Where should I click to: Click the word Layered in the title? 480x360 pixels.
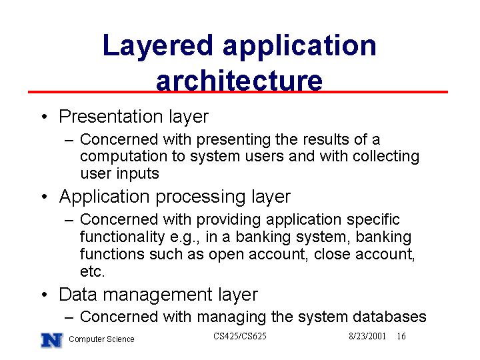(158, 47)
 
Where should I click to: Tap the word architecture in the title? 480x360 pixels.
(239, 81)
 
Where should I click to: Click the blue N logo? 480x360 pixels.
(52, 340)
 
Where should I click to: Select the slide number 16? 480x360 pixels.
(401, 336)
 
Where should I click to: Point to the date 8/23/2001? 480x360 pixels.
(367, 336)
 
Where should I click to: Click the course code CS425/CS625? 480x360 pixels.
(240, 336)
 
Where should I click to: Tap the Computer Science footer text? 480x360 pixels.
(101, 339)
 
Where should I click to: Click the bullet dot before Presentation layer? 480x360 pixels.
(45, 117)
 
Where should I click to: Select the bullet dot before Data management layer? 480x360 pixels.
(45, 295)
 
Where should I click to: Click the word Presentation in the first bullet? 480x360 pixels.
(111, 116)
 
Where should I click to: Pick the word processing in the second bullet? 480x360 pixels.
(201, 197)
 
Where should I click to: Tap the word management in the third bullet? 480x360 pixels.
(157, 295)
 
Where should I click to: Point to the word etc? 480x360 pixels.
(92, 271)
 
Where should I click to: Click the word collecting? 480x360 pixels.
(386, 157)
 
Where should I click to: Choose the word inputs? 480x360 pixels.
(137, 174)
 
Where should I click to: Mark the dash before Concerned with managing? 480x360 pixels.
(69, 317)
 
